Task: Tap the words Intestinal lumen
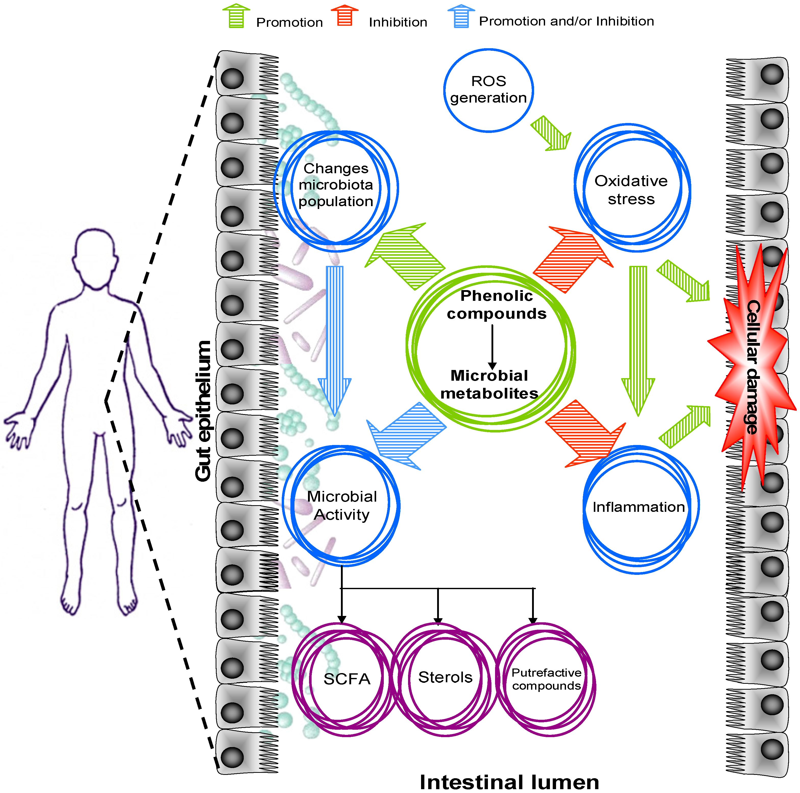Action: pyautogui.click(x=509, y=782)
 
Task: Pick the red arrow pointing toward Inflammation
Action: pyautogui.click(x=585, y=433)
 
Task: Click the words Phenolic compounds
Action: pyautogui.click(x=497, y=304)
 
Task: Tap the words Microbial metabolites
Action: pyautogui.click(x=489, y=384)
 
